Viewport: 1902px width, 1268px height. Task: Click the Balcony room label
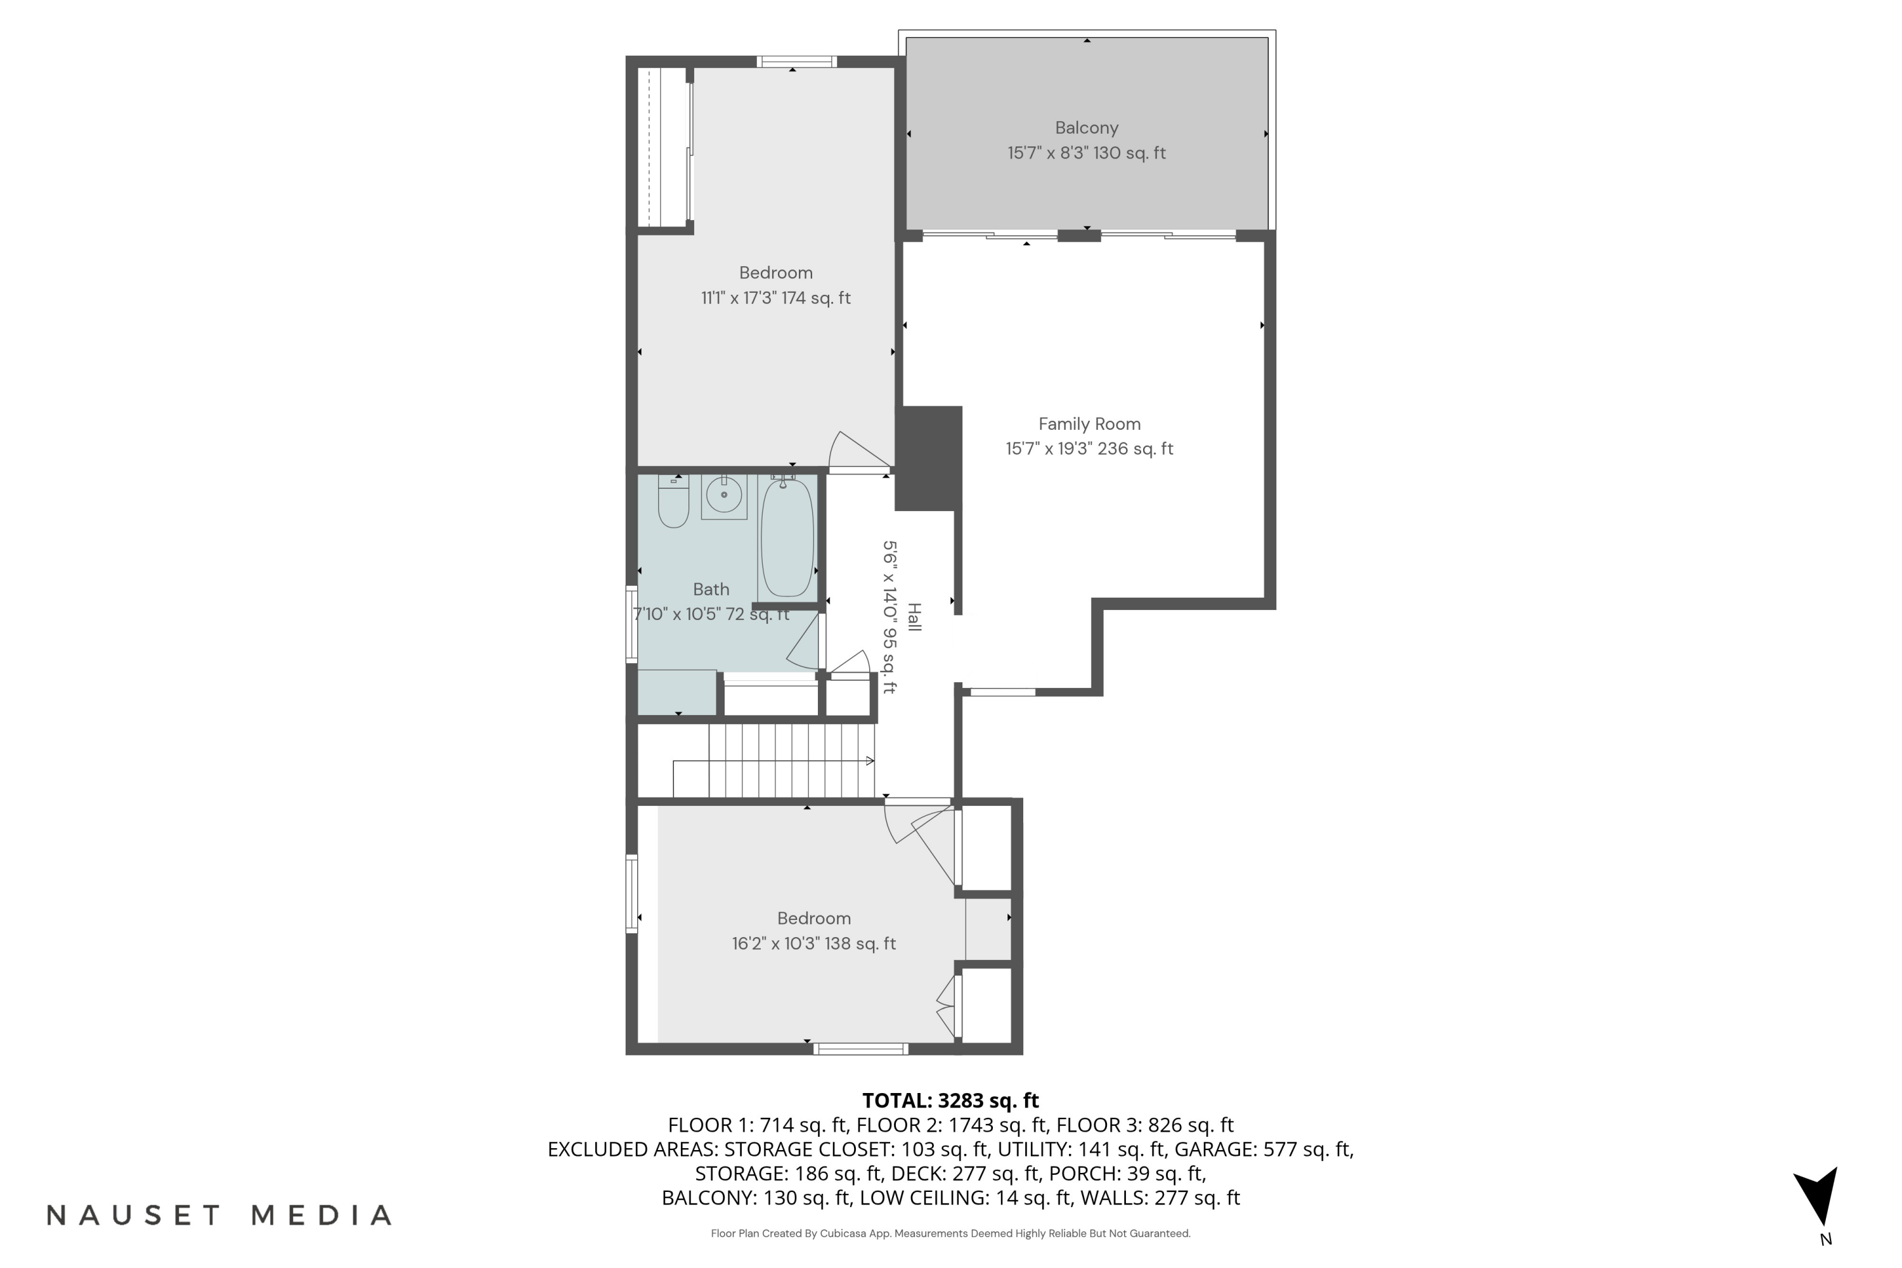(1086, 128)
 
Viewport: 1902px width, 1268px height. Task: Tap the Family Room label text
(1089, 424)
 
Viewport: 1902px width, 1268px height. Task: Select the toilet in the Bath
(673, 502)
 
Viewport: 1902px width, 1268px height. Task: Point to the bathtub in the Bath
(786, 537)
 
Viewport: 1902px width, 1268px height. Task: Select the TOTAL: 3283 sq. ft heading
(950, 1101)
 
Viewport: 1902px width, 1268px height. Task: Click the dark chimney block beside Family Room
(928, 458)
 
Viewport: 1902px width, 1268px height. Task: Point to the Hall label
(914, 618)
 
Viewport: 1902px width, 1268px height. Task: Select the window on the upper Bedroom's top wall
(796, 61)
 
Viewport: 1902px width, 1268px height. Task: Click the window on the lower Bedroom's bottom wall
(860, 1049)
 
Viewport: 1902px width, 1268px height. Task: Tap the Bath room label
(711, 590)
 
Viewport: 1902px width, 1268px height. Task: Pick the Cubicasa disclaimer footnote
(950, 1233)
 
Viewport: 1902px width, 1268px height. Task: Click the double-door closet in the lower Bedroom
(946, 1006)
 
